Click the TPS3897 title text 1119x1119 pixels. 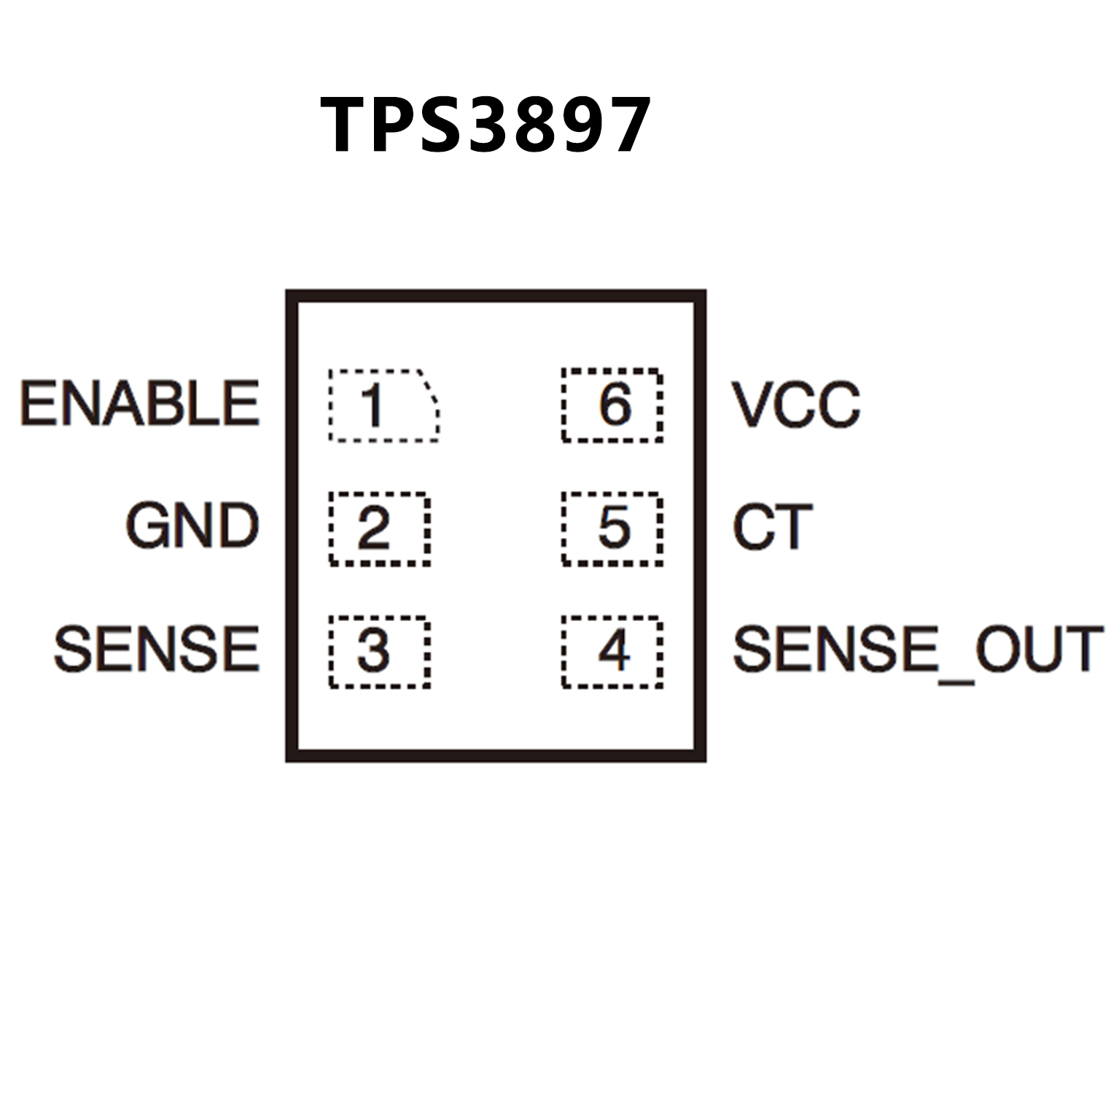[x=485, y=125]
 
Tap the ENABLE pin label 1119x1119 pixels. [x=140, y=403]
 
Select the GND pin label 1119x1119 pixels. [x=192, y=526]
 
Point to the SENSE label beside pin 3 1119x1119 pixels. [x=157, y=649]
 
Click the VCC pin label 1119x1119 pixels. [x=796, y=405]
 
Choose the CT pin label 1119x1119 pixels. [x=772, y=526]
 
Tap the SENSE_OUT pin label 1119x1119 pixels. [x=917, y=649]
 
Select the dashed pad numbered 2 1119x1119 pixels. [x=379, y=529]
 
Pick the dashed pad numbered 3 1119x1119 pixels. [x=379, y=651]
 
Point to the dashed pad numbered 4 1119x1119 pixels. [x=612, y=651]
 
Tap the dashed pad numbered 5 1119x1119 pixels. [x=612, y=529]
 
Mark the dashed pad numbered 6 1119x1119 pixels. [x=612, y=405]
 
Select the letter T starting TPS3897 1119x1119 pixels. [x=345, y=125]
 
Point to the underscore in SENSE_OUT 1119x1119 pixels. [x=956, y=681]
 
